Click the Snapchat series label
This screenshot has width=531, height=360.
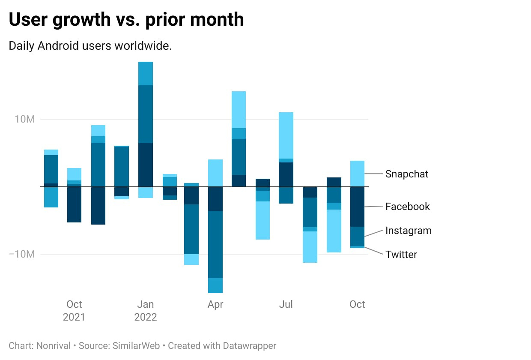pyautogui.click(x=406, y=174)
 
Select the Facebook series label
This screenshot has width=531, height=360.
pyautogui.click(x=408, y=207)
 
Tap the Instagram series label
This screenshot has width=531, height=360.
pyautogui.click(x=409, y=231)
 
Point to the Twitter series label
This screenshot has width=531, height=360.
pyautogui.click(x=401, y=255)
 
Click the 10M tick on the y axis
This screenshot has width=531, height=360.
pyautogui.click(x=25, y=119)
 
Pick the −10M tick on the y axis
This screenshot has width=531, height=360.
pyautogui.click(x=22, y=254)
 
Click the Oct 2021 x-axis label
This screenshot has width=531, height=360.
pyautogui.click(x=74, y=311)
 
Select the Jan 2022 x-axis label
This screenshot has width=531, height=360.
pyautogui.click(x=146, y=311)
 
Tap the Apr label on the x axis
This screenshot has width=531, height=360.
pyautogui.click(x=215, y=304)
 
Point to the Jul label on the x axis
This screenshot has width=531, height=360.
pyautogui.click(x=286, y=304)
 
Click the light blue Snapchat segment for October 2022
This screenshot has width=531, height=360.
pyautogui.click(x=357, y=174)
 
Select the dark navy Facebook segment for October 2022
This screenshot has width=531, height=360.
pyautogui.click(x=357, y=207)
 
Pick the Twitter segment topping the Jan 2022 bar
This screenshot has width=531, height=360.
pyautogui.click(x=146, y=74)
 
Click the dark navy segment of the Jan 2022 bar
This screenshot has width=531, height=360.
pyautogui.click(x=146, y=165)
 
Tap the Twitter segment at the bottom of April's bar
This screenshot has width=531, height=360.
pyautogui.click(x=215, y=285)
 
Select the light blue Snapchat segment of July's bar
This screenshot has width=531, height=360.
pyautogui.click(x=286, y=135)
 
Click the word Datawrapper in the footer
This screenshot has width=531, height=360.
pyautogui.click(x=249, y=346)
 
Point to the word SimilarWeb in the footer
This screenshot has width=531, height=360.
pyautogui.click(x=136, y=346)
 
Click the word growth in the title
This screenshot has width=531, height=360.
pyautogui.click(x=81, y=20)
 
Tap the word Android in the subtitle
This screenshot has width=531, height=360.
pyautogui.click(x=58, y=45)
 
